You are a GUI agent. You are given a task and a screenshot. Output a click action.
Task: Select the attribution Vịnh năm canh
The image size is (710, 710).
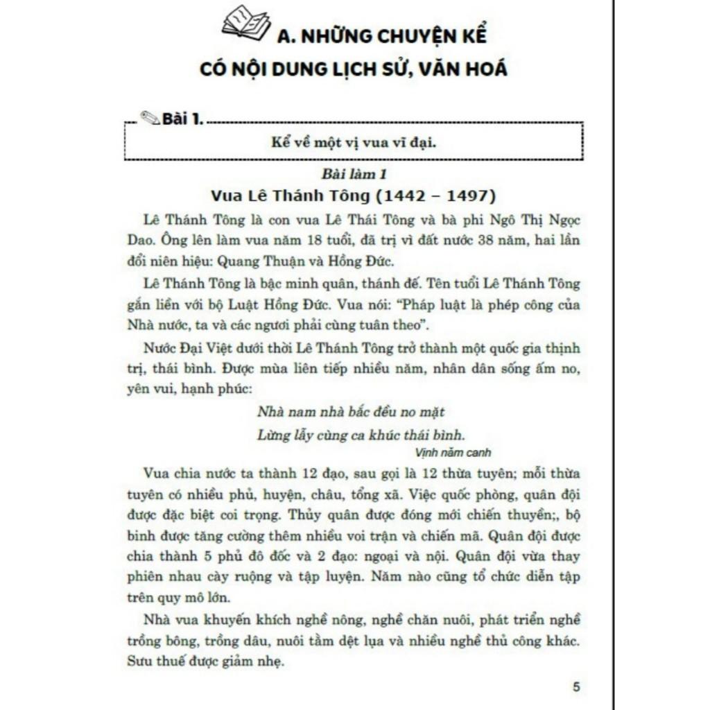pyautogui.click(x=455, y=453)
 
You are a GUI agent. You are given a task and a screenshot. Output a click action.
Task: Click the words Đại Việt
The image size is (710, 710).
pyautogui.click(x=205, y=347)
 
